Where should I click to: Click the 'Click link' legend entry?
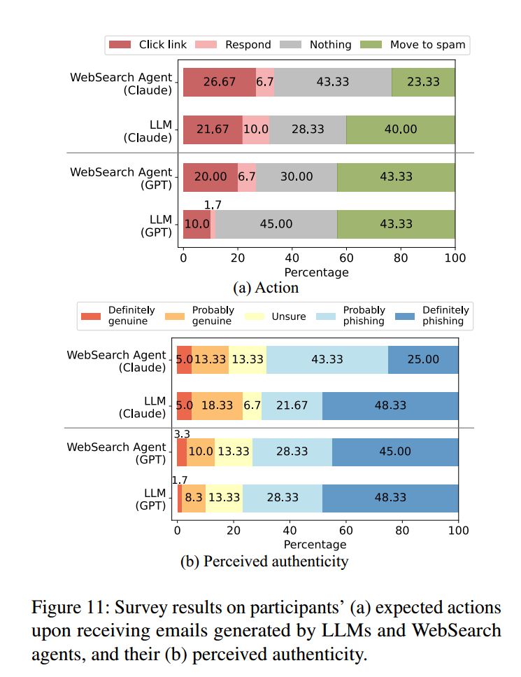149,45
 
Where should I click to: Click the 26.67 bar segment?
220,82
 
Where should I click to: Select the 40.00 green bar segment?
401,130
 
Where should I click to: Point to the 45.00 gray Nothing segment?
276,225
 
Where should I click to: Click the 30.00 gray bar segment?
297,177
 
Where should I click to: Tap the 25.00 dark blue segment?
423,359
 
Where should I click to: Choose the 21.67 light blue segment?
292,406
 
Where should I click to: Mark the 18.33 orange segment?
217,406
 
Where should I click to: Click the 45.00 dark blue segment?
395,452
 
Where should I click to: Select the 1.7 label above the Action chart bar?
213,205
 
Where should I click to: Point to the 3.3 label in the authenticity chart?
182,433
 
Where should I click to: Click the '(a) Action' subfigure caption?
266,288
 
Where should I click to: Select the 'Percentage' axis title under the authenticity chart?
315,544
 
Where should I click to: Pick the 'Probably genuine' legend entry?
213,315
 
